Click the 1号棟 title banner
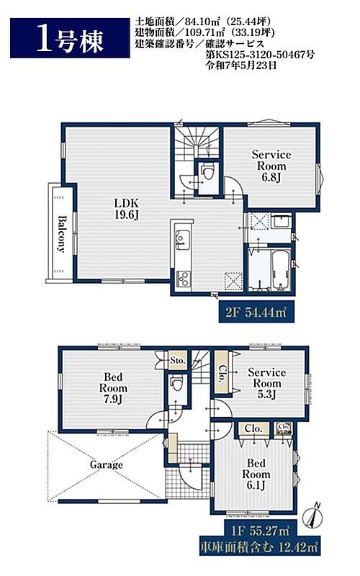(70, 38)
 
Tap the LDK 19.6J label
(127, 209)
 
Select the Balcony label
(61, 234)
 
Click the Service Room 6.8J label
(271, 166)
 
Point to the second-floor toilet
(208, 173)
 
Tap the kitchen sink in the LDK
(182, 238)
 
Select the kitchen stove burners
(182, 278)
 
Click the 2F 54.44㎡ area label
(256, 312)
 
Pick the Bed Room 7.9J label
(113, 388)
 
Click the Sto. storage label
(177, 361)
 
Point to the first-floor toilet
(177, 384)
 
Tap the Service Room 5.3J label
(266, 383)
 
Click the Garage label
(106, 465)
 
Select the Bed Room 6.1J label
(256, 474)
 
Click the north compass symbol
(312, 516)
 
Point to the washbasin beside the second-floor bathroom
(282, 222)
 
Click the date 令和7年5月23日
(241, 66)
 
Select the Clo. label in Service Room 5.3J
(222, 373)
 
